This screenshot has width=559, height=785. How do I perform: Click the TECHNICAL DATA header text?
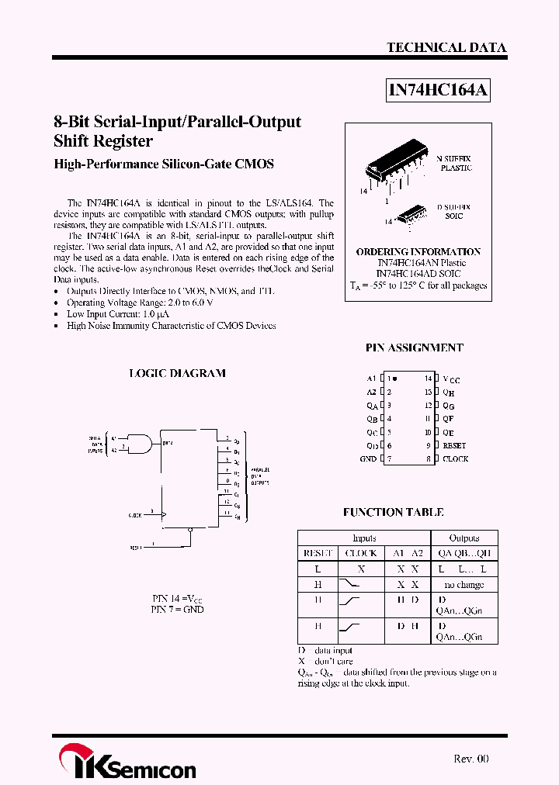(446, 47)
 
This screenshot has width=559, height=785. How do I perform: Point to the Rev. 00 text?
(471, 759)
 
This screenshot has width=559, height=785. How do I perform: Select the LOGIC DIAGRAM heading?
(177, 373)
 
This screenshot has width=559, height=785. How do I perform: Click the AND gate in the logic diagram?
(138, 444)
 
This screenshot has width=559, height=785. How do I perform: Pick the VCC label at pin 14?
(451, 379)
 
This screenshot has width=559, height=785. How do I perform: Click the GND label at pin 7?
(368, 459)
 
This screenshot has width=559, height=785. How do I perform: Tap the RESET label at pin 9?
(454, 446)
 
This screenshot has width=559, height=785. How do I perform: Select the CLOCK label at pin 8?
(455, 459)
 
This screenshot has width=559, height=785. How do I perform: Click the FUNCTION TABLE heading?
(393, 513)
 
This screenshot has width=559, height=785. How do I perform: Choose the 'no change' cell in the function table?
(464, 585)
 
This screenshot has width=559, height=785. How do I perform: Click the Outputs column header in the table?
(464, 538)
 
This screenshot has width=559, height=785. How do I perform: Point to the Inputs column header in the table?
(364, 538)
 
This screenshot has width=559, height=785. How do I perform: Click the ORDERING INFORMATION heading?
(418, 252)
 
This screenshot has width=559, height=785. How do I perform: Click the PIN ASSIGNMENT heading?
(414, 348)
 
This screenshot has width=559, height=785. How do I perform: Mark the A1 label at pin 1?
(371, 379)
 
